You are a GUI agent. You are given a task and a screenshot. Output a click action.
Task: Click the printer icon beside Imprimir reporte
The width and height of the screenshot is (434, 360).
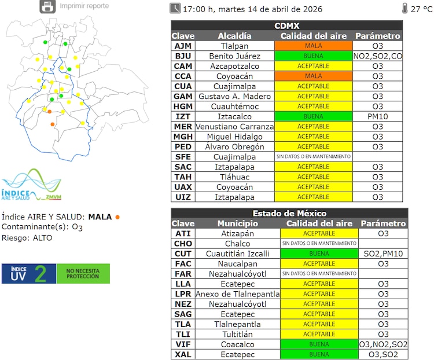(47, 6)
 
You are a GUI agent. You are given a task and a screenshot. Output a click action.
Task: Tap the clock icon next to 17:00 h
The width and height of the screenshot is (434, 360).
(175, 8)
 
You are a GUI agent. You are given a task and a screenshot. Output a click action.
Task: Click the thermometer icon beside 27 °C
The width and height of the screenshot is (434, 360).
(403, 8)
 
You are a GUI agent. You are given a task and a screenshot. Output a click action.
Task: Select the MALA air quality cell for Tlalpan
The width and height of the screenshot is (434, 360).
(313, 46)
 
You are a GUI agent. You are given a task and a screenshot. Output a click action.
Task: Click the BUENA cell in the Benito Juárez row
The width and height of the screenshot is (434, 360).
(313, 56)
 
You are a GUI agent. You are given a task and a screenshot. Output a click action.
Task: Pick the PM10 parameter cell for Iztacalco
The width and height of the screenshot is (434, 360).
(377, 116)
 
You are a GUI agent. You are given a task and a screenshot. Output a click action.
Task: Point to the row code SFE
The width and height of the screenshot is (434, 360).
(183, 157)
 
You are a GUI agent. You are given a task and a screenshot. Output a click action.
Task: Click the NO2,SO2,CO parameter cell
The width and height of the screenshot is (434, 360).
(377, 56)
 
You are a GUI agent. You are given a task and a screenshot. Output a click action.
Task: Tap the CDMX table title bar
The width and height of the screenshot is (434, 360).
(286, 26)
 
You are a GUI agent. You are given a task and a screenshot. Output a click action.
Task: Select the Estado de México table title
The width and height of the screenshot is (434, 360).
(289, 214)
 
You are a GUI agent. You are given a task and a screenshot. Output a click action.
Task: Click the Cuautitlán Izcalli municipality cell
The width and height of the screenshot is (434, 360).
(237, 254)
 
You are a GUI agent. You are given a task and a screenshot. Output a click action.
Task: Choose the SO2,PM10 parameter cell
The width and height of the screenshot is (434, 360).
(383, 254)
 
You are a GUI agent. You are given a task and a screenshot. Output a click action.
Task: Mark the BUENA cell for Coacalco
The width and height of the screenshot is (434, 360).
(319, 344)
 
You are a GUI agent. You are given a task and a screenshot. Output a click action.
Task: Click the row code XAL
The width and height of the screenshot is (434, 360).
(183, 354)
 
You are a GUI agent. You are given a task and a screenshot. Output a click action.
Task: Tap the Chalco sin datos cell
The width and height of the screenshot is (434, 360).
(319, 244)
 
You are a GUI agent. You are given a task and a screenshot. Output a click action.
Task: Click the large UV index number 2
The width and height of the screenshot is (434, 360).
(40, 274)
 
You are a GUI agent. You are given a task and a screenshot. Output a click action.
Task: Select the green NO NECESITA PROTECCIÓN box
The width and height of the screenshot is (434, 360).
(83, 274)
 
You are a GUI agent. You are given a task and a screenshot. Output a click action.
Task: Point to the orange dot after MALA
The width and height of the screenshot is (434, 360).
(117, 217)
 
